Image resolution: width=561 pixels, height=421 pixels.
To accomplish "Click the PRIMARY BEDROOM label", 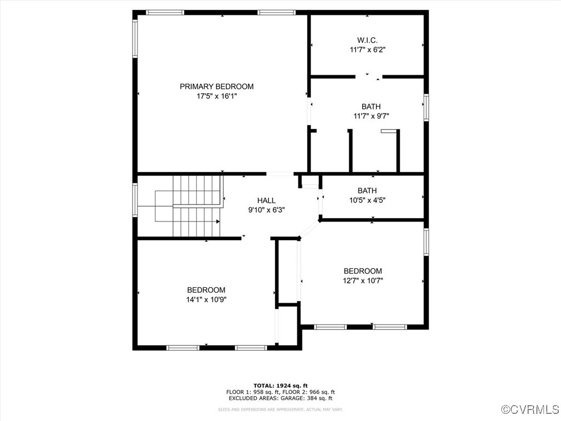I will (x=217, y=86).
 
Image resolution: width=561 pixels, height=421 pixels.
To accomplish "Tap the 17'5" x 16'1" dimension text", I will (x=217, y=96).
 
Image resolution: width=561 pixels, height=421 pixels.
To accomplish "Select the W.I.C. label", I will (x=367, y=39).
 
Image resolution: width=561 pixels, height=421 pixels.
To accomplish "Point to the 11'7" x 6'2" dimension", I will (x=367, y=49).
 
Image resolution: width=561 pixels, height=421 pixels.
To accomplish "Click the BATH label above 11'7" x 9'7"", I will (x=371, y=106).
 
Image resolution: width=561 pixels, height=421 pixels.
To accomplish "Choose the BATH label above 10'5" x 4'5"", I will (x=367, y=190).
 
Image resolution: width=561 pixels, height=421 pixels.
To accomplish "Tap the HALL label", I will (x=266, y=200).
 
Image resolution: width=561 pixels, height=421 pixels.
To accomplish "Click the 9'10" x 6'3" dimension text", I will (x=266, y=209).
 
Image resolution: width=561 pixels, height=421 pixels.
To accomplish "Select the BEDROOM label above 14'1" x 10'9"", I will (x=206, y=290).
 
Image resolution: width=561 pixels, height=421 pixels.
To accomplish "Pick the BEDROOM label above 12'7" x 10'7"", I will (x=363, y=271).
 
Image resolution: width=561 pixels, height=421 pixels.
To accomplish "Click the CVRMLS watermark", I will (x=531, y=409).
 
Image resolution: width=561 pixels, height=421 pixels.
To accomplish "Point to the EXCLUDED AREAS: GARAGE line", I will (x=280, y=399).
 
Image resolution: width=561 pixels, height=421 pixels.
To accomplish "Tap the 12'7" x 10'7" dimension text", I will (x=363, y=281).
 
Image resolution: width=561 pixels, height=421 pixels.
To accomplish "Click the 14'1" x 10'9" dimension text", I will (x=206, y=300).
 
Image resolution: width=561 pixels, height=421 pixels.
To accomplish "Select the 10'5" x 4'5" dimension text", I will (x=367, y=200).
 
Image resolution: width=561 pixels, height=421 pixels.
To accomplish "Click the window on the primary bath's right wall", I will (x=426, y=107).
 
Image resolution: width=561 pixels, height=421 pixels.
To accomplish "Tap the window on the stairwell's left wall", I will (x=135, y=200).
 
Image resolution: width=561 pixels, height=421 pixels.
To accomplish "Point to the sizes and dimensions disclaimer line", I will (x=280, y=409).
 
